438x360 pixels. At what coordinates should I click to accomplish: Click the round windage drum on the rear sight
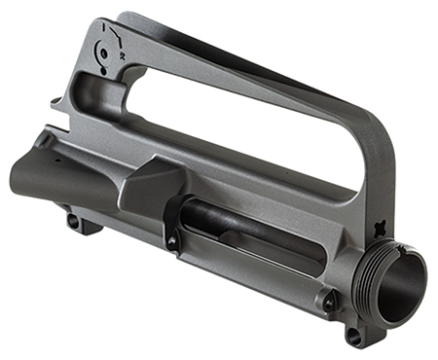tap(105, 51)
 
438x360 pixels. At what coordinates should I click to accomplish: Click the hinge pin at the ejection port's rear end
tap(172, 240)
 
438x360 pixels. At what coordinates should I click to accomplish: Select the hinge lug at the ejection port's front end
tap(329, 302)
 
